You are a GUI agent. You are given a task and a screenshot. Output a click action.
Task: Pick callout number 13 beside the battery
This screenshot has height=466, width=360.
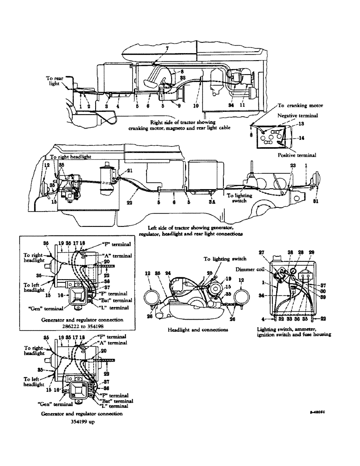click(301, 124)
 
